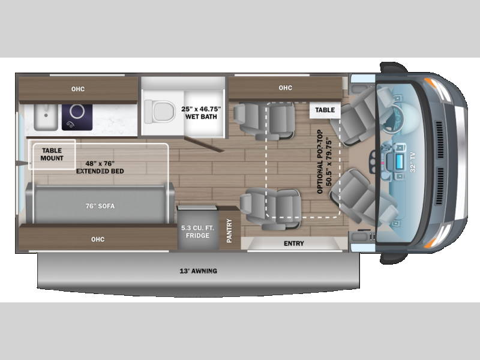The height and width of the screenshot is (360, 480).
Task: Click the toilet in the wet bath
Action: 160,112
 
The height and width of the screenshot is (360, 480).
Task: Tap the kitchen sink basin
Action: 46,117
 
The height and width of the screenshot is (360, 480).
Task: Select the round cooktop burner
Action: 77,112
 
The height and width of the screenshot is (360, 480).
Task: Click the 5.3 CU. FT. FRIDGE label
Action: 197,232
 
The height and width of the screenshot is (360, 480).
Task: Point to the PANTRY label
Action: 229,230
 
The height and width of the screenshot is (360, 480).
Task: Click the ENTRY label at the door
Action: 294,244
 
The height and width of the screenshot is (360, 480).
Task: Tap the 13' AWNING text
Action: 199,271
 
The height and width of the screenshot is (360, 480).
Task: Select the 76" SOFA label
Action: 100,206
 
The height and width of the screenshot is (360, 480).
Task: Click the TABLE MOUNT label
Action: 52,154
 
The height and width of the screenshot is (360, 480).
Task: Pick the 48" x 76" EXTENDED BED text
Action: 100,167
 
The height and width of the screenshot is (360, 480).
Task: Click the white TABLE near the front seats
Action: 325,110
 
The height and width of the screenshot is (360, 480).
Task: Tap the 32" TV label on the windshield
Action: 413,162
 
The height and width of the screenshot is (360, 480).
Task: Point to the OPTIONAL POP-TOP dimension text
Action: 325,161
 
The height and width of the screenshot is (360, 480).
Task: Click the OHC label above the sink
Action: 78,89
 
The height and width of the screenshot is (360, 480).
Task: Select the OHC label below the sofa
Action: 98,239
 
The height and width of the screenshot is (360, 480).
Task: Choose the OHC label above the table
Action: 286,88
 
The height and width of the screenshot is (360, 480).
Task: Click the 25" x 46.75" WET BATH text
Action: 201,113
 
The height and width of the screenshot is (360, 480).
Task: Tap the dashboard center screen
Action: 399,161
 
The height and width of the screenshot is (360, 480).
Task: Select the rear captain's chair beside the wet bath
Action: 264,121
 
